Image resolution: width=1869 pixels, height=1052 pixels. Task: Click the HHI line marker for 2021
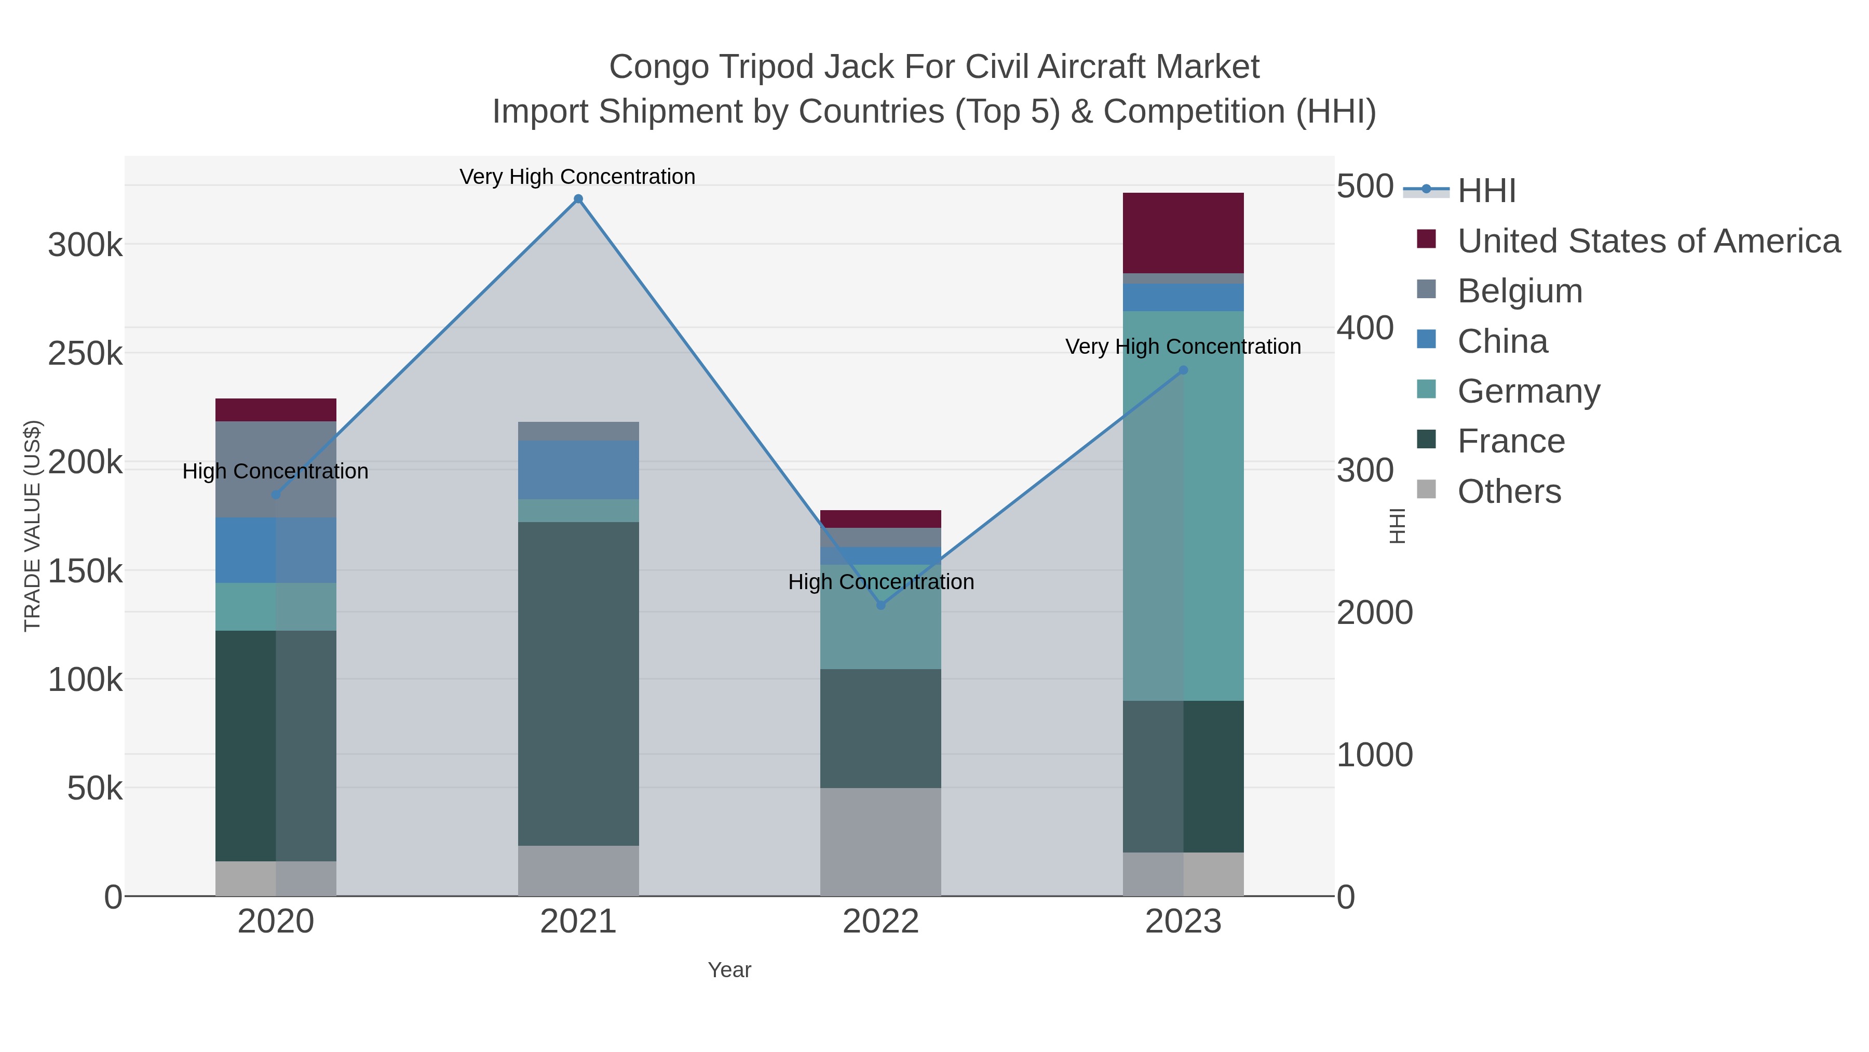(578, 199)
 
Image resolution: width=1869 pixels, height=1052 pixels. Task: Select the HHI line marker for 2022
(881, 605)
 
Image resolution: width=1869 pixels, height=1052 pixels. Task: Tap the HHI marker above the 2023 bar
(1183, 370)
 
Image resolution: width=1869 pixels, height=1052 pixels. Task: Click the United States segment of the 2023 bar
(1183, 233)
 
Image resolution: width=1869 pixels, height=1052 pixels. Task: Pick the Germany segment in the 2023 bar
(1183, 505)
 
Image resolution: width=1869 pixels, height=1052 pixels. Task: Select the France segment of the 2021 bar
(578, 683)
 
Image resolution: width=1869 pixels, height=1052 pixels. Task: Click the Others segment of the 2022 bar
(881, 842)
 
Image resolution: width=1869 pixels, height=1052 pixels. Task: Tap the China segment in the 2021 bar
(578, 470)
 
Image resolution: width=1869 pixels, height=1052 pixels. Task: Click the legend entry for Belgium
(1519, 291)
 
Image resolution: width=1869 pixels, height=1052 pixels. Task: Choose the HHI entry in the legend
(1486, 191)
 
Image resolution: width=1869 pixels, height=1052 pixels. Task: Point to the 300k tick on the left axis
(85, 245)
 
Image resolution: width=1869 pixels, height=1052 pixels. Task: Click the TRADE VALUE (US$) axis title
(33, 526)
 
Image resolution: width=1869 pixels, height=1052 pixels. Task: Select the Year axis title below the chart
(729, 970)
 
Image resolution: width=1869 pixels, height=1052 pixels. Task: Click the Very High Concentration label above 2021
(577, 177)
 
